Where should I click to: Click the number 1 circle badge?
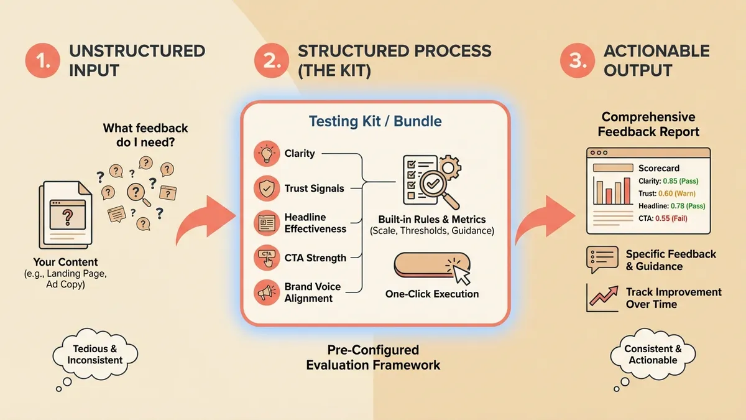click(x=42, y=60)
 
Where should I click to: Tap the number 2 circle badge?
click(x=271, y=60)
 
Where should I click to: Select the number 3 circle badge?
click(x=577, y=60)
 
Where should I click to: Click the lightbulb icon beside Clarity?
click(x=267, y=154)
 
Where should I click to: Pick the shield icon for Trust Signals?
click(x=267, y=188)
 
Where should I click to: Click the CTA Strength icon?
click(x=267, y=258)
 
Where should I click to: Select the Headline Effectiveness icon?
click(x=267, y=223)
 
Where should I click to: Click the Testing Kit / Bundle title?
click(x=375, y=121)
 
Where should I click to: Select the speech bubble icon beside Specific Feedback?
click(x=602, y=259)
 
